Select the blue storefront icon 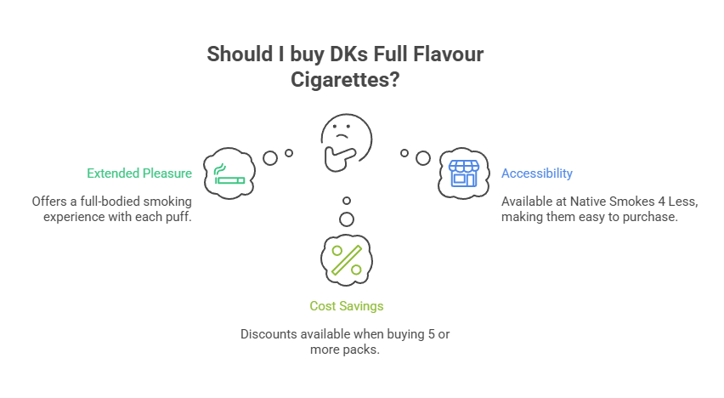coord(464,173)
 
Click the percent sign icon coord(346,259)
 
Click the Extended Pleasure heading coord(139,173)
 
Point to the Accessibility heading coord(536,173)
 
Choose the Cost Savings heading coord(346,305)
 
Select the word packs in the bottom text coord(360,350)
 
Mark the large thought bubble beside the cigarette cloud coord(271,158)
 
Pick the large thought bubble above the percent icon coord(346,219)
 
